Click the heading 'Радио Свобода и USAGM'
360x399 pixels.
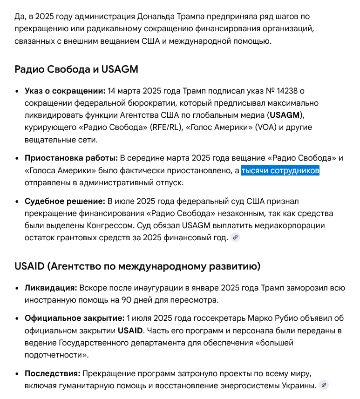tap(76, 69)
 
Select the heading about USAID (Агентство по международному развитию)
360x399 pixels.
tap(137, 267)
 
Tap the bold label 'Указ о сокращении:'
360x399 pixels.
tap(65, 91)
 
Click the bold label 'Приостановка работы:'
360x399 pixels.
tap(71, 158)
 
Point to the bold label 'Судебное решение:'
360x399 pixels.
tap(65, 202)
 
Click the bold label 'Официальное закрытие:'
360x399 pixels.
tap(75, 319)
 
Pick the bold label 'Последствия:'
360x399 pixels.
tap(53, 374)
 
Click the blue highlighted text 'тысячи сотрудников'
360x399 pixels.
tap(280, 171)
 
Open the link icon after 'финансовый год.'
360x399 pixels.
tap(236, 238)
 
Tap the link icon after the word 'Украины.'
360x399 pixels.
tap(324, 385)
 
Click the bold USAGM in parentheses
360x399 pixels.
tap(285, 115)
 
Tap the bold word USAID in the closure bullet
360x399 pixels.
tap(131, 331)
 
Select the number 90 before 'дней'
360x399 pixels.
tap(127, 300)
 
